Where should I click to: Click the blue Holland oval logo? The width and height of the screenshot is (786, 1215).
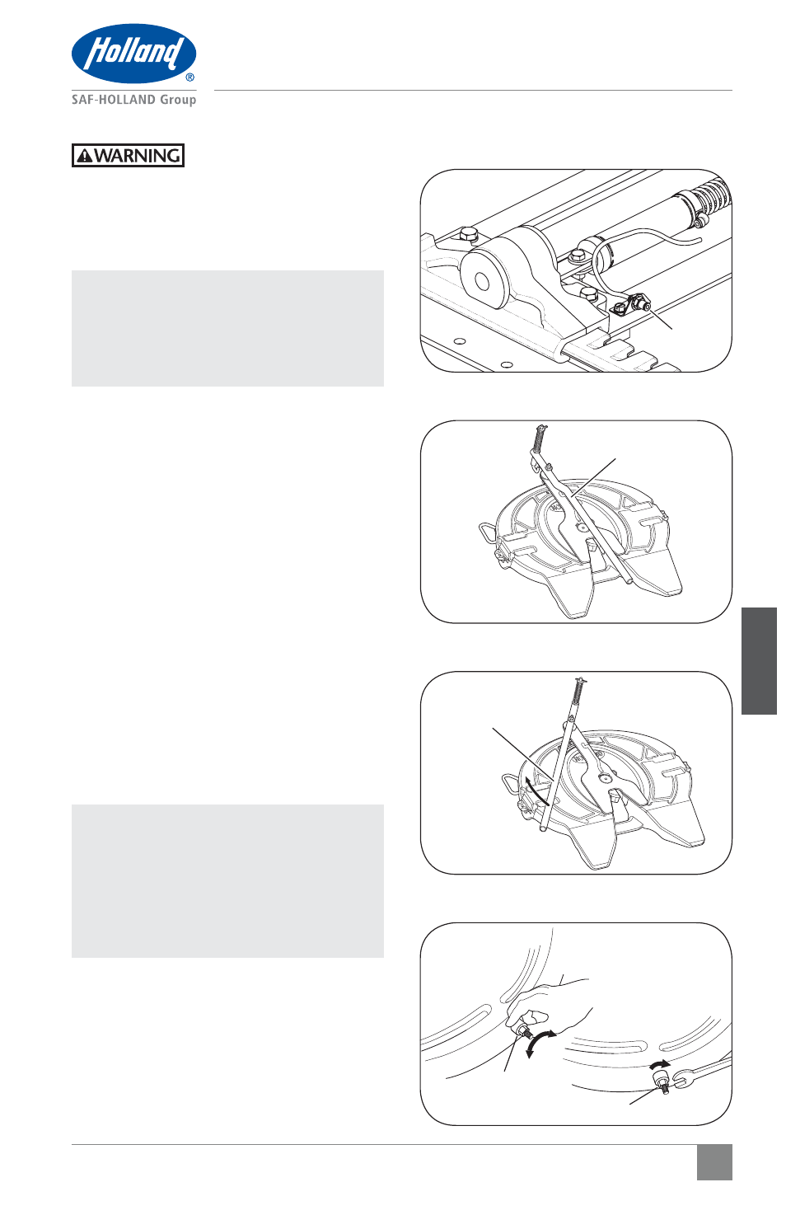pyautogui.click(x=134, y=53)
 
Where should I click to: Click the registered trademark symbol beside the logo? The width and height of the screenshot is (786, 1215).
pyautogui.click(x=190, y=77)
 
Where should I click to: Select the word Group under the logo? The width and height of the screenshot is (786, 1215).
pyautogui.click(x=178, y=101)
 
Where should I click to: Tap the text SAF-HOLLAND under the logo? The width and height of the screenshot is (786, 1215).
pyautogui.click(x=114, y=100)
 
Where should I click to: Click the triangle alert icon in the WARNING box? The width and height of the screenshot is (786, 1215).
pyautogui.click(x=85, y=157)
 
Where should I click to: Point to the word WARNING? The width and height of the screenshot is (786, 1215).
pyautogui.click(x=138, y=156)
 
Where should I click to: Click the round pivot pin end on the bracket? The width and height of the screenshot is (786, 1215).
pyautogui.click(x=481, y=282)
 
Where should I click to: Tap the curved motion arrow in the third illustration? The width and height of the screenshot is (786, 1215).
pyautogui.click(x=536, y=790)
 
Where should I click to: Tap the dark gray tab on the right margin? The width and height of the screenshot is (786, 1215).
pyautogui.click(x=759, y=660)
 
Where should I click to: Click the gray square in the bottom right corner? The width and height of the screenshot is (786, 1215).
pyautogui.click(x=714, y=1162)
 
